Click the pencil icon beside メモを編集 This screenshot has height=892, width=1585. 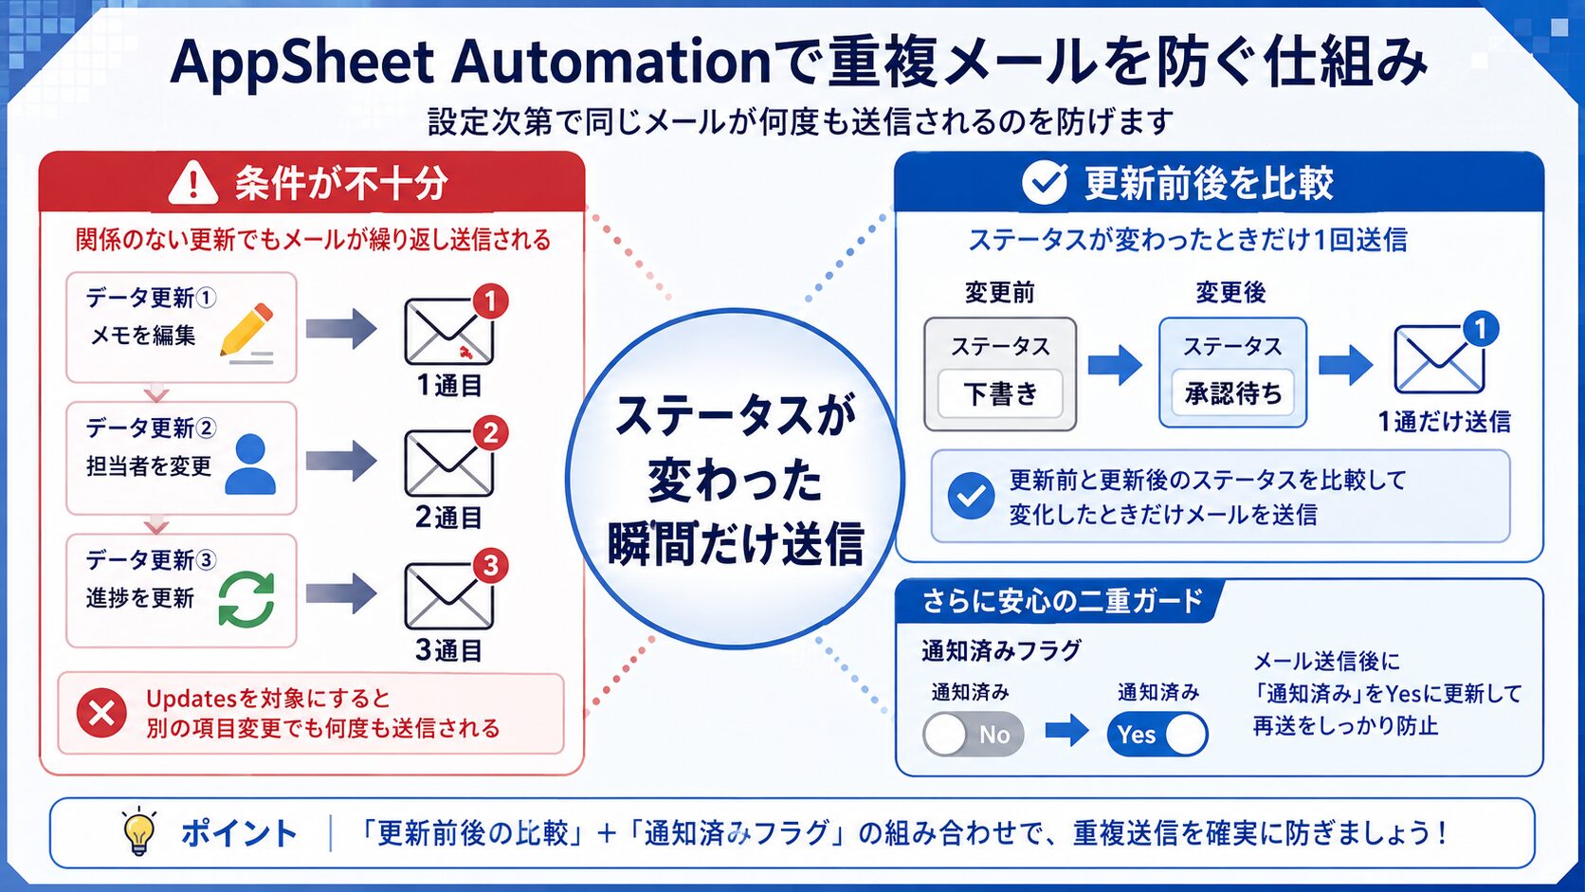(246, 333)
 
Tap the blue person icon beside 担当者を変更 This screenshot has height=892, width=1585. (249, 464)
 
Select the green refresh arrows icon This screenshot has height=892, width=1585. (246, 599)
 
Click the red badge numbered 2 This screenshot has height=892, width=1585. (490, 433)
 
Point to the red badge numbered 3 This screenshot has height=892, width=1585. (490, 565)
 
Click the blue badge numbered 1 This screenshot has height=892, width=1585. (1481, 328)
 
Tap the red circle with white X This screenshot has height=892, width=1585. (101, 712)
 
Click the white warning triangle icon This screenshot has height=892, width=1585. (193, 183)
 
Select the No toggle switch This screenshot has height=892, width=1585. (973, 735)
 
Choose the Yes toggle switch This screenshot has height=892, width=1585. (1157, 735)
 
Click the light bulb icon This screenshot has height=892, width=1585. (138, 831)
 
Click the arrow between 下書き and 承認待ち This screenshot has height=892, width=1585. (1115, 365)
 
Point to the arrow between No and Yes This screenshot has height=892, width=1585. (1067, 730)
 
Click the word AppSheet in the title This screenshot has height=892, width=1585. (301, 63)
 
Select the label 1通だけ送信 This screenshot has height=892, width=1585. (1444, 422)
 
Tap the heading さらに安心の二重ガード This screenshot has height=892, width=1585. (1062, 601)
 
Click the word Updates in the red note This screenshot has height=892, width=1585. (191, 700)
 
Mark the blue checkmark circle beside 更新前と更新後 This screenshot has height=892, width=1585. (971, 497)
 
